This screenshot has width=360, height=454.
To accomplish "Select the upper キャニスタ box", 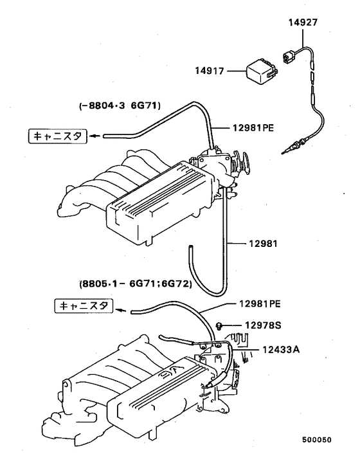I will pos(55,136).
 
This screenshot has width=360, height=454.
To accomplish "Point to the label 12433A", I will pos(282,349).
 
